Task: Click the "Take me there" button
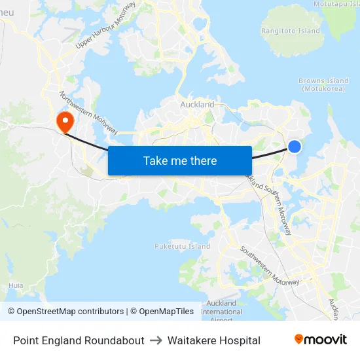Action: click(180, 160)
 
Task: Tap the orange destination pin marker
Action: click(65, 121)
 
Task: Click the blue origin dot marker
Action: click(295, 147)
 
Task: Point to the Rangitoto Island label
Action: click(291, 31)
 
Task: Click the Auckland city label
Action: click(197, 104)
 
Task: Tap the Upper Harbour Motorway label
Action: click(105, 26)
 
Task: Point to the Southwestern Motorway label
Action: click(269, 265)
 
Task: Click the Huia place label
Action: click(16, 285)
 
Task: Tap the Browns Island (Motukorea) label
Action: click(321, 84)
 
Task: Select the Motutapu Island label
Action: click(336, 3)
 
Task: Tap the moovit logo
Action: click(320, 340)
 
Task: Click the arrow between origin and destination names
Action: click(156, 340)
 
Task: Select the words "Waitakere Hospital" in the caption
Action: click(213, 340)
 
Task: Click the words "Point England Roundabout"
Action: click(79, 340)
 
